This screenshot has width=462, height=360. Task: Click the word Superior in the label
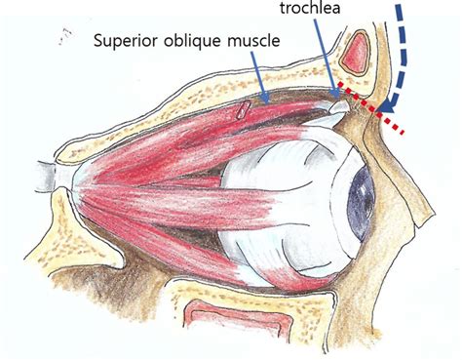pos(126,43)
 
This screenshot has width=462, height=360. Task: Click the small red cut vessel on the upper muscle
pos(240,112)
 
